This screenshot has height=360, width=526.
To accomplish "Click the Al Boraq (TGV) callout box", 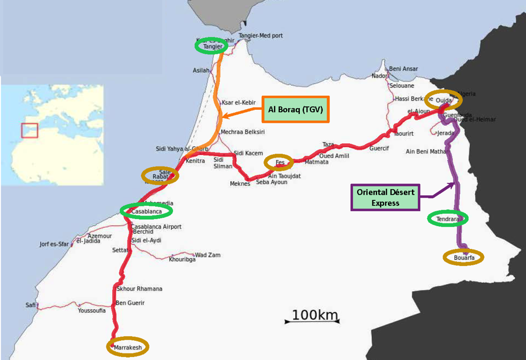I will coord(296,109).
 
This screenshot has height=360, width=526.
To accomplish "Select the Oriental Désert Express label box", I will coord(385,198).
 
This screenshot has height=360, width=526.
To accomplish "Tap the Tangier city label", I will coord(213,46).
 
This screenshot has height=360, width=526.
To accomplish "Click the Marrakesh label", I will coord(128,347).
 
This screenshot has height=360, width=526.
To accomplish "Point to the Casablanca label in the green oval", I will coord(146,210).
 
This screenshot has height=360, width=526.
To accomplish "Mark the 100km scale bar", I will coord(314,317).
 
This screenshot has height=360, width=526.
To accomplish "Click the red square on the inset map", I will coord(29,130).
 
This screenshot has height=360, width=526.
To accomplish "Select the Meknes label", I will coord(240,184).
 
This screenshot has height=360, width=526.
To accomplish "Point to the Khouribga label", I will coord(182,259).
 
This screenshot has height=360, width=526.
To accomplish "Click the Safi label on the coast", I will coord(30,305).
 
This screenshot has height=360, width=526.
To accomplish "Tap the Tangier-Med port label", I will coord(262,36).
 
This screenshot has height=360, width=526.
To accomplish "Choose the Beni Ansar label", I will coord(403,69).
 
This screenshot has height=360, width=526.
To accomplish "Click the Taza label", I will coord(328,144).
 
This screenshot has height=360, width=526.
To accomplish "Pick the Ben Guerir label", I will coord(130,303).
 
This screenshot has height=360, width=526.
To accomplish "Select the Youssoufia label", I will coord(92,311).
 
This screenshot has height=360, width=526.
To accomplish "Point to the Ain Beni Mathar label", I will coord(426,151).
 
